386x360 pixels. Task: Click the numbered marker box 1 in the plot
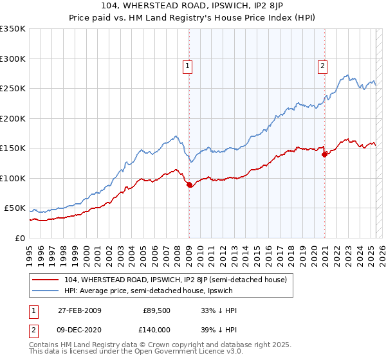(187, 64)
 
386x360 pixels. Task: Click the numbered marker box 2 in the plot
(322, 64)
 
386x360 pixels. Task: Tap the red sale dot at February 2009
(189, 185)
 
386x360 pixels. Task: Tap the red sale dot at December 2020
(324, 154)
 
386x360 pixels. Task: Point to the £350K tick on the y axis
(13, 29)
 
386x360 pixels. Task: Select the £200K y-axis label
(13, 118)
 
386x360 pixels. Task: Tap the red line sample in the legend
(46, 280)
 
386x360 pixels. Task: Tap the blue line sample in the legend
(46, 291)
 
